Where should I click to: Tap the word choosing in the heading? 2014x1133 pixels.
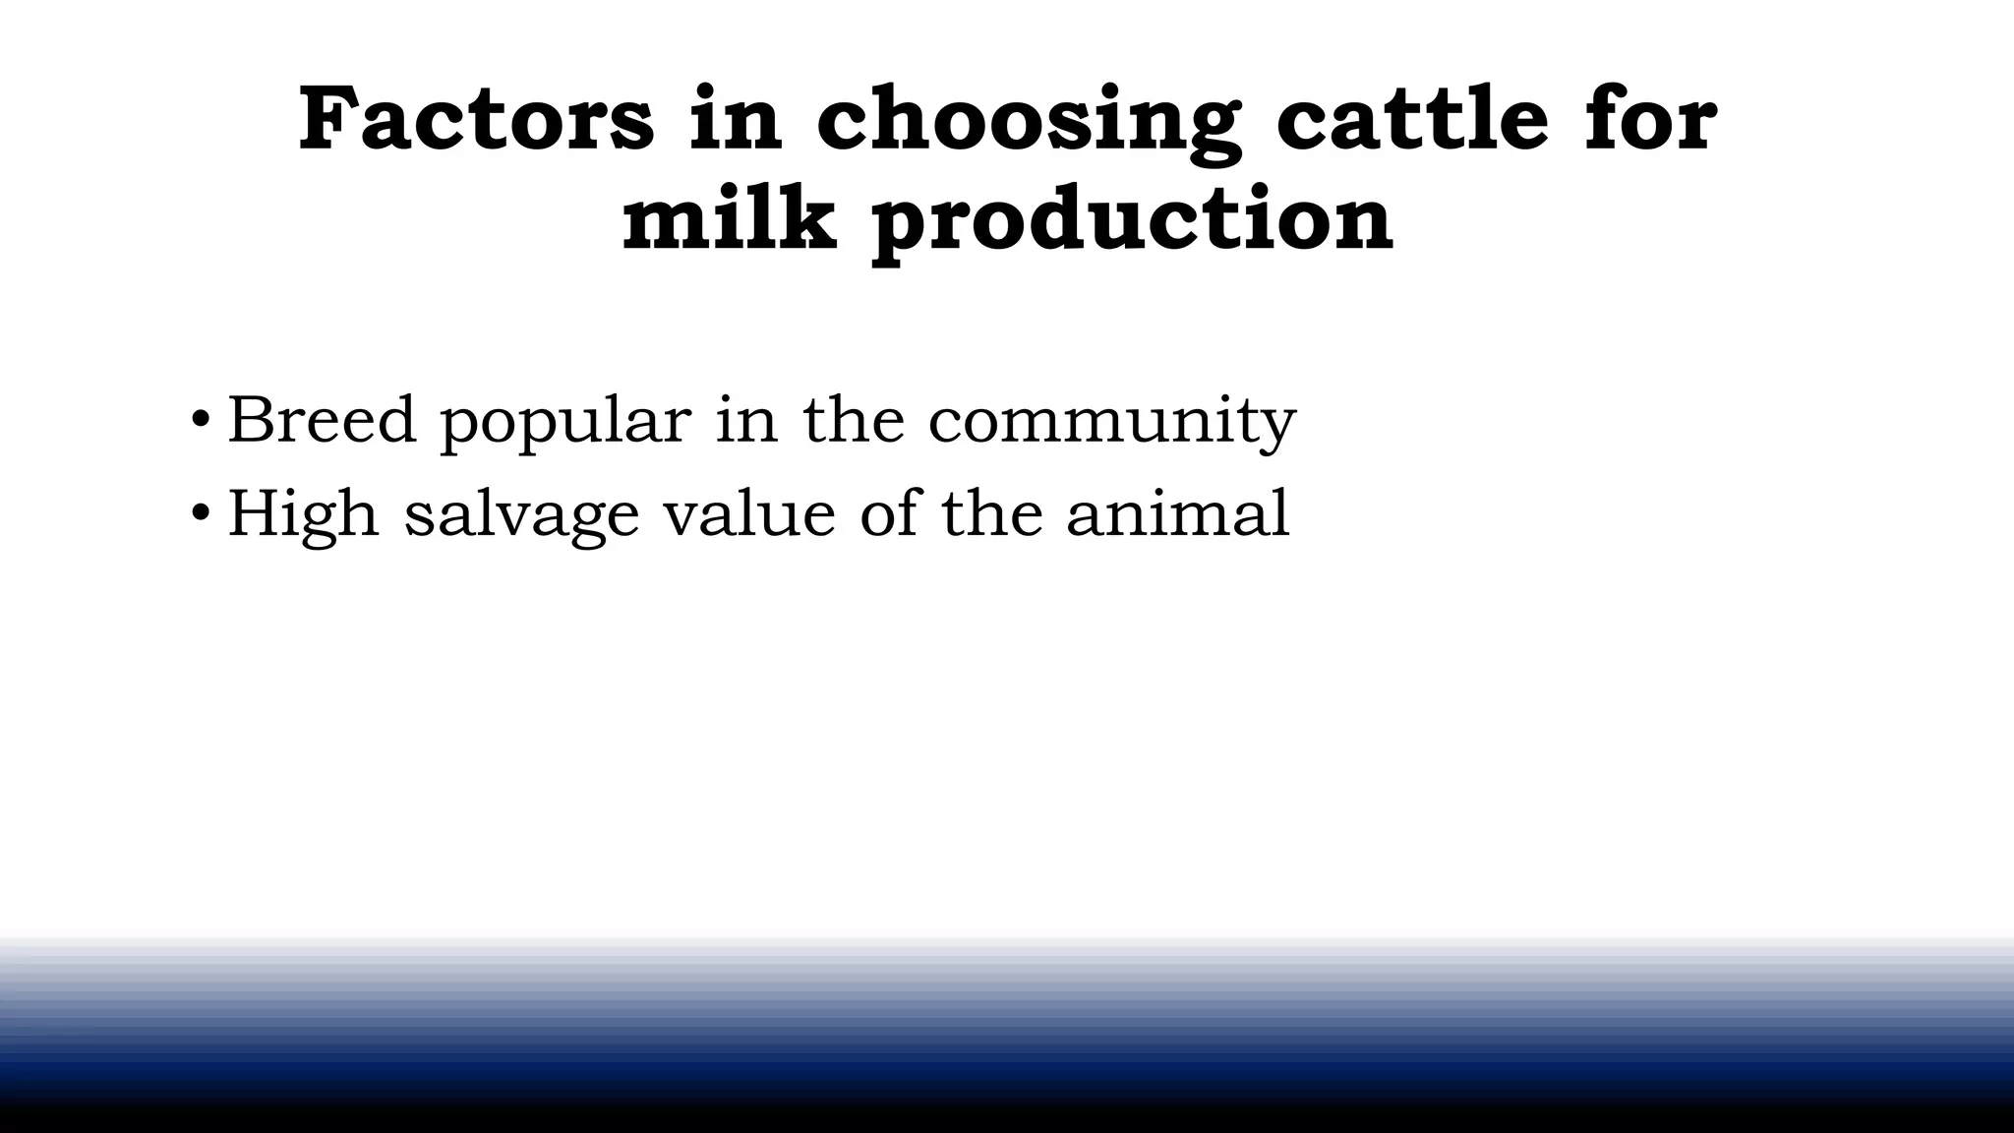(x=1028, y=122)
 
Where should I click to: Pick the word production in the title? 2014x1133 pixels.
(x=1132, y=222)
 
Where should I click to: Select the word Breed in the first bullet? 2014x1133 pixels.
(x=322, y=420)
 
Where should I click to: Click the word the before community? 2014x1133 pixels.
(x=853, y=420)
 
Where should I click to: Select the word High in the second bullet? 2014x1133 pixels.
(x=303, y=514)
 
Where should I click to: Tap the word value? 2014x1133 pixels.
(x=748, y=514)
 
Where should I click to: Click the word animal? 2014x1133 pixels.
(x=1177, y=514)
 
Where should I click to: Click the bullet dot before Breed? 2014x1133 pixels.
(x=201, y=420)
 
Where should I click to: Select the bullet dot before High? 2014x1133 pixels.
(x=201, y=513)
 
